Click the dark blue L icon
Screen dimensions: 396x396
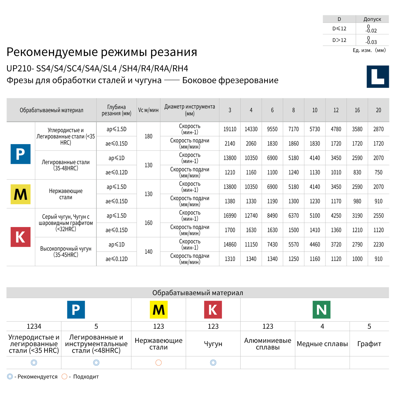tap(378, 77)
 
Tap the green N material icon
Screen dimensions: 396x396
tap(321, 309)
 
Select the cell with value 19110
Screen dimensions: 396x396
tap(230, 129)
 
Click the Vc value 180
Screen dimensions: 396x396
tap(148, 136)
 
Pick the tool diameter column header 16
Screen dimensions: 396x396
tap(357, 110)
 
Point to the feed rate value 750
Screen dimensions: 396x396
tap(378, 172)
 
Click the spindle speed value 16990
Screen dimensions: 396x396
tap(230, 216)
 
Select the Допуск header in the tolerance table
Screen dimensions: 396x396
tap(372, 19)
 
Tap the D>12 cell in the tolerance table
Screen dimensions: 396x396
tap(339, 40)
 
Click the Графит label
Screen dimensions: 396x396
tap(369, 344)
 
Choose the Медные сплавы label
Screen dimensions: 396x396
tap(322, 344)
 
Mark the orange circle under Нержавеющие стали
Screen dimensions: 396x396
tap(158, 362)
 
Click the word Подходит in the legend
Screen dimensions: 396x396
tap(86, 377)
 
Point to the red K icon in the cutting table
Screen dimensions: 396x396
tap(20, 237)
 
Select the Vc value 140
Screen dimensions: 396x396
tap(148, 252)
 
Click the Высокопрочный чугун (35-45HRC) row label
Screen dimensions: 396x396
tap(66, 252)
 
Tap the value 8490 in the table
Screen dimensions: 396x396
tap(272, 216)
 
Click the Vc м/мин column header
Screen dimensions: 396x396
tap(148, 110)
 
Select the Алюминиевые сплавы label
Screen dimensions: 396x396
tap(267, 344)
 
